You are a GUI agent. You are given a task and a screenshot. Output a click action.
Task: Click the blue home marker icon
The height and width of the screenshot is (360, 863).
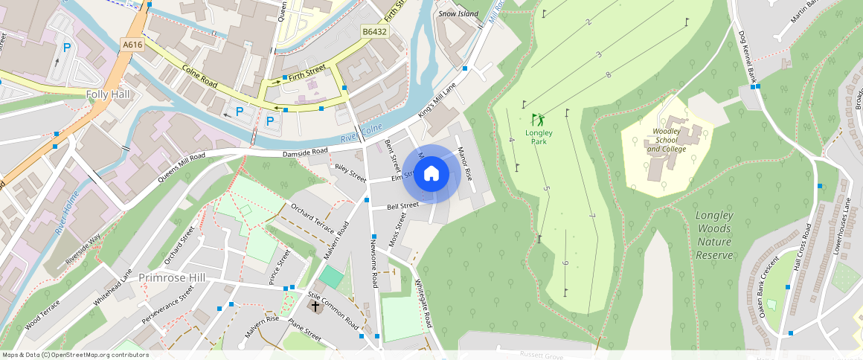(x=431, y=174)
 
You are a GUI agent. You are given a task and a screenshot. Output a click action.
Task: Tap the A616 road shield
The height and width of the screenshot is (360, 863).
(x=132, y=45)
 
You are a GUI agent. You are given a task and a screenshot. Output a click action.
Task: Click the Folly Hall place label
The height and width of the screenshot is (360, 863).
(x=108, y=94)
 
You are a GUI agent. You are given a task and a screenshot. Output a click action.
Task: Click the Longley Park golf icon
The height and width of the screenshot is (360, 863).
(x=537, y=119)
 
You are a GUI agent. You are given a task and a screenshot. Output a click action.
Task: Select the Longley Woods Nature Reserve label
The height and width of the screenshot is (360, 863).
(x=714, y=235)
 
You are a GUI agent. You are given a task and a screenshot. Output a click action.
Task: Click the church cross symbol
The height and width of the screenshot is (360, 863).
(x=315, y=306)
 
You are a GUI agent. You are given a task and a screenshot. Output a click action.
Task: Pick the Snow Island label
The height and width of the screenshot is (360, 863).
(x=458, y=13)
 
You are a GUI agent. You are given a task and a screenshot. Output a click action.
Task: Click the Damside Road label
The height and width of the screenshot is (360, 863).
(x=305, y=152)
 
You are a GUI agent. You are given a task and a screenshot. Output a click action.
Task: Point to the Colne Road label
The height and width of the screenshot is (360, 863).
(x=200, y=76)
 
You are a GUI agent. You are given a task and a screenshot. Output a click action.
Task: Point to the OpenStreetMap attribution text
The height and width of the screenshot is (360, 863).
(x=75, y=355)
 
